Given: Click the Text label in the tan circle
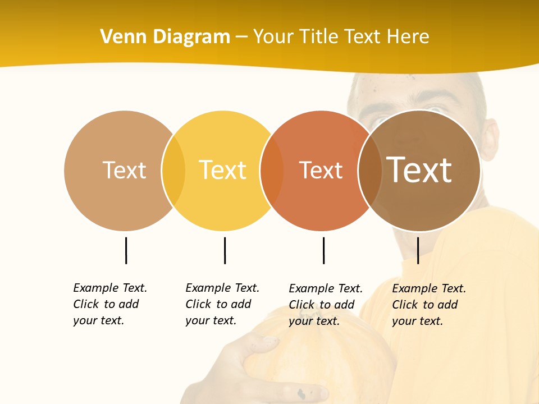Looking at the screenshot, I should [124, 170].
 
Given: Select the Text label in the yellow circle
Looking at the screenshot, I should [223, 170].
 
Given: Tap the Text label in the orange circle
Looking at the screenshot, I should [321, 170].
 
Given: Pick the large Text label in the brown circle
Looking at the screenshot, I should [419, 170].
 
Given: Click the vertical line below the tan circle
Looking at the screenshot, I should [126, 250].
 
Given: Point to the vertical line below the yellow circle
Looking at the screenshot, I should [225, 250].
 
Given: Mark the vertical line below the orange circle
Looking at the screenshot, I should [323, 250].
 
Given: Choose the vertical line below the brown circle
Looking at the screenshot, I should [418, 250].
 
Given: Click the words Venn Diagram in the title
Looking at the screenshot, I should [165, 37].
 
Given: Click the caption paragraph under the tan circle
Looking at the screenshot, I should [110, 304].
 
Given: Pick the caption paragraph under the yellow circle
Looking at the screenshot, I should [222, 304].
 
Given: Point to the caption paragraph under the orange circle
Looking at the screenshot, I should [326, 305].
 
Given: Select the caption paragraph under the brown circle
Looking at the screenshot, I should [429, 305].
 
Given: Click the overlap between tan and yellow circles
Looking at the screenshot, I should [173, 170].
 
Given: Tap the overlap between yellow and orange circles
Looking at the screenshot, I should [272, 170].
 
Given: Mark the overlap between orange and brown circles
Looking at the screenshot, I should [370, 170].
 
